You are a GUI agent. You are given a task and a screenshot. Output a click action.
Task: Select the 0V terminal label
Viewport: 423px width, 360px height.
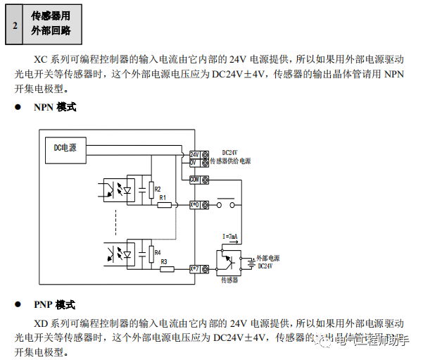pyautogui.click(x=195, y=162)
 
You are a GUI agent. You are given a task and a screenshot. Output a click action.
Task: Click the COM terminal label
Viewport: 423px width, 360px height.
pyautogui.click(x=195, y=179)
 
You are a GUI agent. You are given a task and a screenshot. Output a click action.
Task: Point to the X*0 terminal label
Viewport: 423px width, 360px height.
pyautogui.click(x=195, y=204)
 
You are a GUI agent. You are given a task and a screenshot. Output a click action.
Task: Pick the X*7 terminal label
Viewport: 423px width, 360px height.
pyautogui.click(x=195, y=268)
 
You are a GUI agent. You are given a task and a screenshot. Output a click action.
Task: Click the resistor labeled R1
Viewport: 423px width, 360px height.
pyautogui.click(x=165, y=204)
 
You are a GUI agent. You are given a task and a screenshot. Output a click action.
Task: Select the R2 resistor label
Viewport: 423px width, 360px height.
pyautogui.click(x=158, y=189)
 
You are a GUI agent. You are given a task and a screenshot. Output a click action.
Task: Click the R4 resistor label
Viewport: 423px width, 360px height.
pyautogui.click(x=158, y=252)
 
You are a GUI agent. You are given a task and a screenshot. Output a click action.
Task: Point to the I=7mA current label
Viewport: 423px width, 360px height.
pyautogui.click(x=230, y=236)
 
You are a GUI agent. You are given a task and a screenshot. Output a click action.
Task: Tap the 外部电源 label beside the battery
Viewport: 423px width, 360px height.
pyautogui.click(x=267, y=259)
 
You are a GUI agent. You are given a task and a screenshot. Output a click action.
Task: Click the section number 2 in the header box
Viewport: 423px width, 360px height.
pyautogui.click(x=15, y=25)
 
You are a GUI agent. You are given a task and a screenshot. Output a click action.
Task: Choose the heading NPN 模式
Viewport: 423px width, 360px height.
pyautogui.click(x=55, y=108)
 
